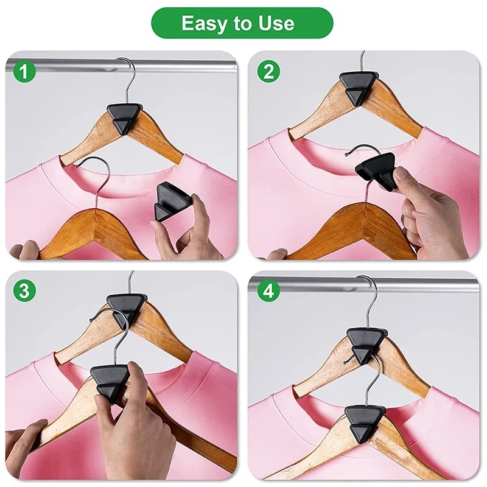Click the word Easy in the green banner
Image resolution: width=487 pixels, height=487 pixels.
coord(203,23)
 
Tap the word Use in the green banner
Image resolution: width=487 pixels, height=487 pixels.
coord(276,23)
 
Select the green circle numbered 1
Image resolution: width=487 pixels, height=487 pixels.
coord(24,72)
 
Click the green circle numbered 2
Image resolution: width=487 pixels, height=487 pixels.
coord(269,72)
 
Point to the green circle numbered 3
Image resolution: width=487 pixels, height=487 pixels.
coord(24,291)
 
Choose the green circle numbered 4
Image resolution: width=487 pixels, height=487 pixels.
coord(269,291)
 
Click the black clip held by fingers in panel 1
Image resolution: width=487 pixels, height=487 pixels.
coord(169,202)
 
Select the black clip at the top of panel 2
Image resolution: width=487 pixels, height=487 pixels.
coord(359,88)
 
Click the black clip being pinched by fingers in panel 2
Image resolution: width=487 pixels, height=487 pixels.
coord(376,170)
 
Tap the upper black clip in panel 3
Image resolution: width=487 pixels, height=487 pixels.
coord(124,307)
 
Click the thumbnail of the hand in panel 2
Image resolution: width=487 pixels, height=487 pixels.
coord(402,173)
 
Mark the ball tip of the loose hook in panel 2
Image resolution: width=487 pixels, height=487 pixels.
coord(346,155)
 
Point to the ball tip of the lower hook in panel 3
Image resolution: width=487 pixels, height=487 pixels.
coord(90,321)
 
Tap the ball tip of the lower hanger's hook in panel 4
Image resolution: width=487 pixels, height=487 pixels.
coord(345,362)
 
